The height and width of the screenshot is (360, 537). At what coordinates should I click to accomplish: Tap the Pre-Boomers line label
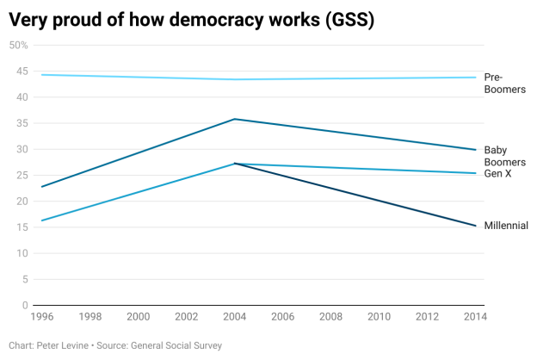click(504, 83)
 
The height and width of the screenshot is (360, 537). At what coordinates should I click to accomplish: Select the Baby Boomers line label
click(504, 156)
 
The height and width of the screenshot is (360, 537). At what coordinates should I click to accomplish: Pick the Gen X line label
click(498, 174)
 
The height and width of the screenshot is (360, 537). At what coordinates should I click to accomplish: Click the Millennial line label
click(506, 226)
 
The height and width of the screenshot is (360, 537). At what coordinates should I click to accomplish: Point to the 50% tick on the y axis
click(19, 46)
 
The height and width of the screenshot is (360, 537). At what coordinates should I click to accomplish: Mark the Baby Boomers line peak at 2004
click(235, 119)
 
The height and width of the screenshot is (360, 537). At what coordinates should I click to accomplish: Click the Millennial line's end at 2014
click(477, 226)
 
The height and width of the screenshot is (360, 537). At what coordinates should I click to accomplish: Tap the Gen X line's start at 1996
click(41, 220)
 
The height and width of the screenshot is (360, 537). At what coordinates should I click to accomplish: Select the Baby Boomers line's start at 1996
click(41, 187)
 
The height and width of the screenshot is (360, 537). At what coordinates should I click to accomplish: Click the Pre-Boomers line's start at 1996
click(41, 75)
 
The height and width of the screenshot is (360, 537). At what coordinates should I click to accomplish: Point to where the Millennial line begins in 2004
click(235, 164)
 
